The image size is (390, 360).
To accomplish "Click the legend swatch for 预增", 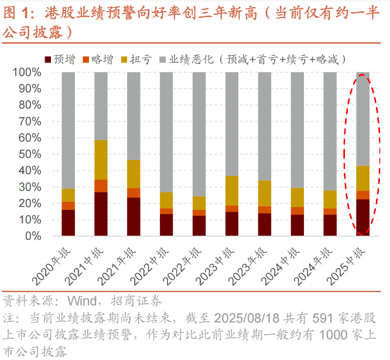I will pyautogui.click(x=48, y=59).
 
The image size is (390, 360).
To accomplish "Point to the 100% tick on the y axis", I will pyautogui.click(x=27, y=73).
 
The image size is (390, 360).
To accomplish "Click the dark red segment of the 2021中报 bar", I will pyautogui.click(x=101, y=214).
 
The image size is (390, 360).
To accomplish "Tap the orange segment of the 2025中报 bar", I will pyautogui.click(x=363, y=195).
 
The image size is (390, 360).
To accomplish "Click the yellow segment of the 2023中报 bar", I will pyautogui.click(x=232, y=191).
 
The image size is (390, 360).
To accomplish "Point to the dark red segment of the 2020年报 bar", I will pyautogui.click(x=68, y=223).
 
